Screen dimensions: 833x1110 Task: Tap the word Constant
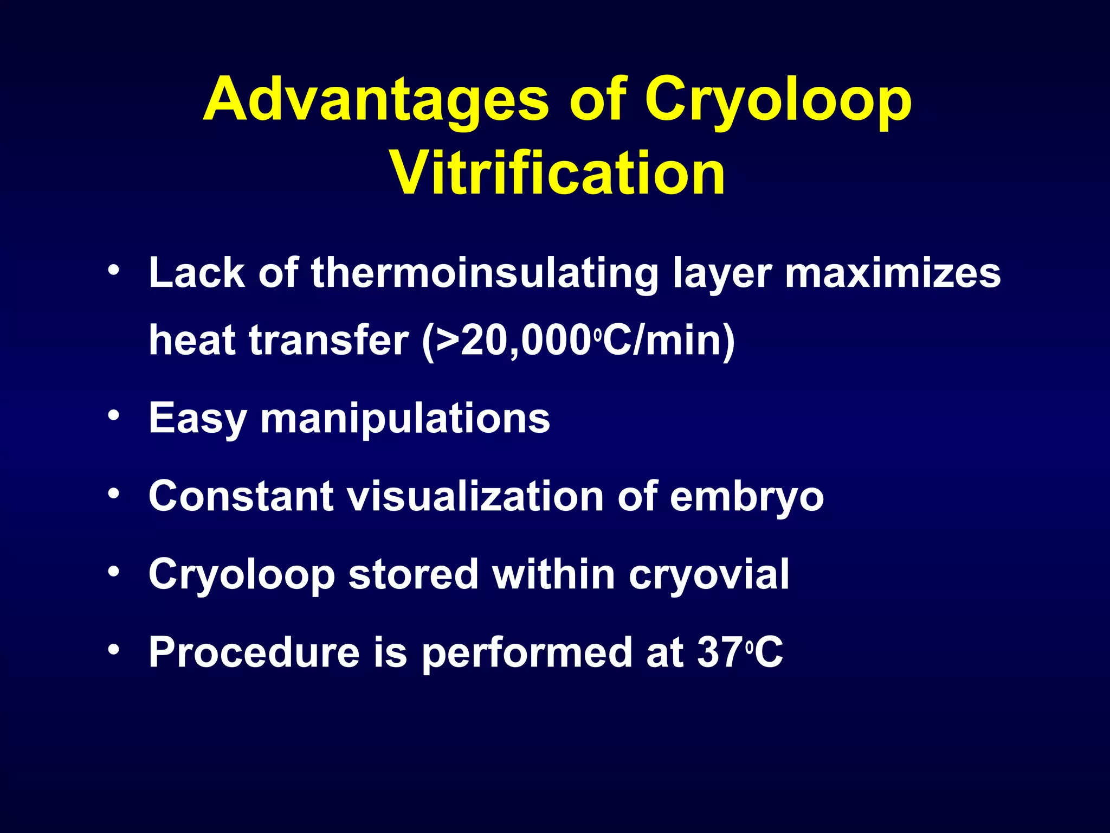pyautogui.click(x=241, y=496)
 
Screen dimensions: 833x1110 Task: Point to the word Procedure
pyautogui.click(x=254, y=652)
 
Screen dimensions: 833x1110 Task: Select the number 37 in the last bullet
pyautogui.click(x=720, y=652)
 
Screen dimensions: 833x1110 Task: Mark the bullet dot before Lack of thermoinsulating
pyautogui.click(x=113, y=270)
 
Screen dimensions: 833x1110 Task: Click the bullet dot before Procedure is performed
pyautogui.click(x=113, y=649)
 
